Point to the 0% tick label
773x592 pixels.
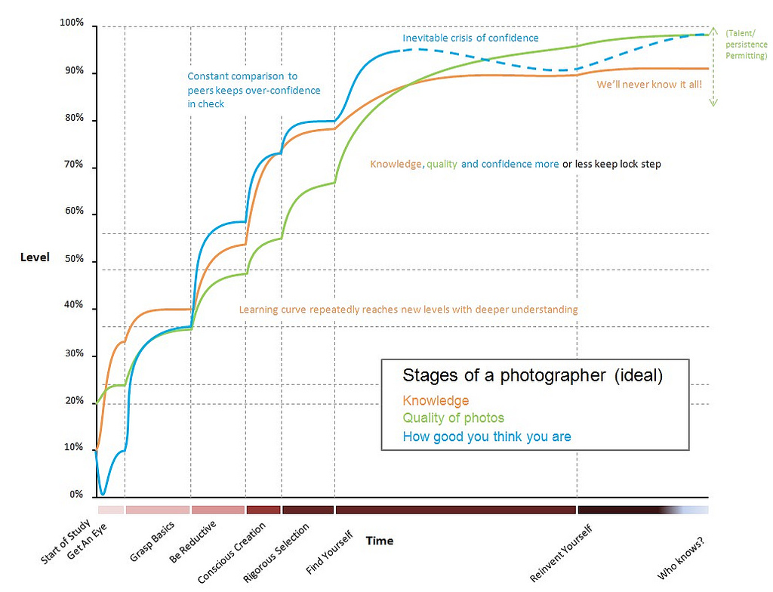(75, 495)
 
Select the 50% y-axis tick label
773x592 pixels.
(73, 261)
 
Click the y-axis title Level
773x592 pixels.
(35, 257)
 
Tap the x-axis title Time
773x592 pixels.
(380, 541)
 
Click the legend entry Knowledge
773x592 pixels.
(436, 401)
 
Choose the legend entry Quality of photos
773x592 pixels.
(453, 418)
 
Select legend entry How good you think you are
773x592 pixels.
(487, 436)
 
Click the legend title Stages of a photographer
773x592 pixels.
(532, 376)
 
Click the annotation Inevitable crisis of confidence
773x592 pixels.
(470, 39)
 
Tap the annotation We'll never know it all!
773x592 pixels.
(649, 85)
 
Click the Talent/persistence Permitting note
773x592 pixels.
(746, 45)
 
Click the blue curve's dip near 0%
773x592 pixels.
(103, 493)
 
